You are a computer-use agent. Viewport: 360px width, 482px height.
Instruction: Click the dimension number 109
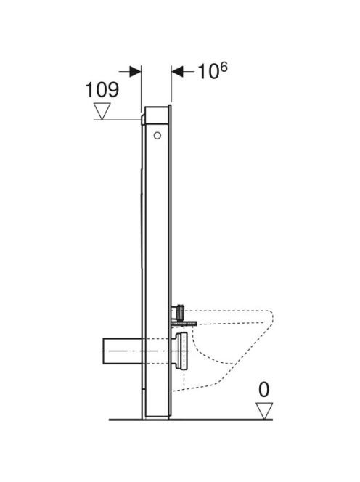(x=102, y=90)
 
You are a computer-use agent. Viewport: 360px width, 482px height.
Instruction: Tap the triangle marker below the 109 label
(x=102, y=111)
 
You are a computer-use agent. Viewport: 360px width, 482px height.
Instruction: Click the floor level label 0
(x=263, y=390)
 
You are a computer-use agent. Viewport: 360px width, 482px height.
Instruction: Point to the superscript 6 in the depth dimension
(x=224, y=67)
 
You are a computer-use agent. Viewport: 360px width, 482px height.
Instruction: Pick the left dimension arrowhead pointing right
(x=135, y=72)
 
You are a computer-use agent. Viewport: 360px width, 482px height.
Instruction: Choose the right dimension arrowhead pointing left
(x=177, y=72)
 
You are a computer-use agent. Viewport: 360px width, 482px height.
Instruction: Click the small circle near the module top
(x=157, y=136)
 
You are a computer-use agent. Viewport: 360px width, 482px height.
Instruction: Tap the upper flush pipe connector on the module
(x=179, y=311)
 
